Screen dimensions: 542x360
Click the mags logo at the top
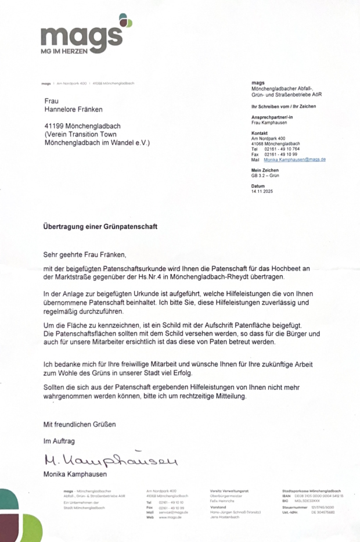click(x=82, y=36)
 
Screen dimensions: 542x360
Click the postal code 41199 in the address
click(x=57, y=125)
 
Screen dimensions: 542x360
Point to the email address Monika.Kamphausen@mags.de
click(x=295, y=159)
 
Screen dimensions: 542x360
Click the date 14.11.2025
click(x=262, y=191)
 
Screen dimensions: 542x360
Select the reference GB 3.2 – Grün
click(x=265, y=175)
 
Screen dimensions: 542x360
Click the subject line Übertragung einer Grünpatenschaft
click(x=100, y=225)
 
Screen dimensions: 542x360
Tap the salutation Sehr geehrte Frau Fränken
click(x=84, y=254)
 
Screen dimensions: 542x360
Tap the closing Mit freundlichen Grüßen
click(x=80, y=424)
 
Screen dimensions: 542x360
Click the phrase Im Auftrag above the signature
click(x=59, y=441)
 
